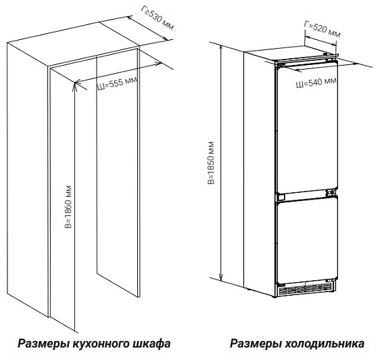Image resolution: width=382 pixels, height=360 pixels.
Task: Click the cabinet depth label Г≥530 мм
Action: click(x=157, y=18)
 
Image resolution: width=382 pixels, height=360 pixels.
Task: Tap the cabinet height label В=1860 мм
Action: click(x=68, y=207)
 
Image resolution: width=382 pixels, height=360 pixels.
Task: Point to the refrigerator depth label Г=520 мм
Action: click(x=322, y=29)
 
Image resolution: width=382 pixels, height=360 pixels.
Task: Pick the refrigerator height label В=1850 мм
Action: click(x=211, y=162)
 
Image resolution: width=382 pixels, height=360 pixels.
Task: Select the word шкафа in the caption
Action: click(x=151, y=344)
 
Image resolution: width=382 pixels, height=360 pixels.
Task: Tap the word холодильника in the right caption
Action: click(x=325, y=344)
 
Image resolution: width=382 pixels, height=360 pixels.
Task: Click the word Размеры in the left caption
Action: click(x=44, y=344)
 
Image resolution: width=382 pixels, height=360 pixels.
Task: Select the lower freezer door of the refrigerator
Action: click(x=308, y=240)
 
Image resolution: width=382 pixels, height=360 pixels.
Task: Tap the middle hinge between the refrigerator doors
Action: click(x=331, y=193)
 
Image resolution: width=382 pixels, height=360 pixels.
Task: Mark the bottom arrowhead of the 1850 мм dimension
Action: click(x=221, y=277)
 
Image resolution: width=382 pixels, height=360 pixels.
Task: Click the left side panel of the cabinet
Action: click(x=27, y=179)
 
